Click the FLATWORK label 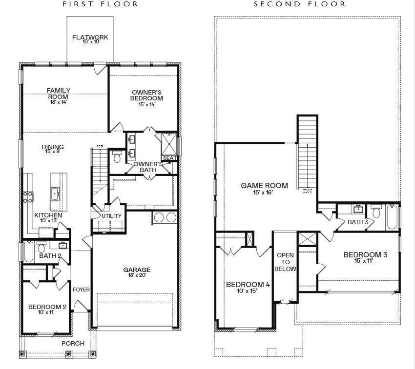pos(90,37)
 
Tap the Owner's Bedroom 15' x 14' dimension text pos(146,104)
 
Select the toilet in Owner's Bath pos(117,157)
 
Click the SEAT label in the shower pos(169,158)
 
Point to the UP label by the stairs pos(100,147)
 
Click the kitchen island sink pos(55,194)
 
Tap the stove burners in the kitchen pos(28,197)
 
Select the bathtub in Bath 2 pos(29,252)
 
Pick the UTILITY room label pos(111,216)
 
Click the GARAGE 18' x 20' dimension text pos(137,275)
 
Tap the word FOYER pos(81,290)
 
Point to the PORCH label pos(73,343)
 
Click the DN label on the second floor pos(307,191)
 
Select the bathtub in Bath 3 pos(392,217)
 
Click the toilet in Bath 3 pos(376,211)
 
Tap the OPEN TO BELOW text pos(285,262)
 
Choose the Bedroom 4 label pos(248,284)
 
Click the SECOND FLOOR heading pos(300,4)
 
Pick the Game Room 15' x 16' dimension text pos(263,193)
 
